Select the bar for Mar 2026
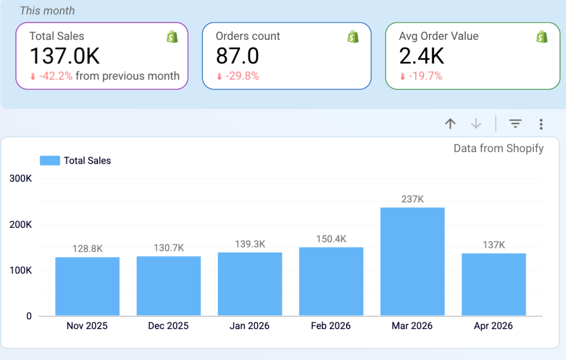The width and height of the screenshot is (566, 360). [412, 262]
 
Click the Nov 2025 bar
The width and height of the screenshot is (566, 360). [87, 286]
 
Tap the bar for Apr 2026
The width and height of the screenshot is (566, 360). [494, 284]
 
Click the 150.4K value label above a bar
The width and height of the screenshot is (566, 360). [331, 239]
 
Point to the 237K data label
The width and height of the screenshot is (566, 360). [412, 199]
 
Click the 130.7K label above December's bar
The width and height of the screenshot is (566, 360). [169, 248]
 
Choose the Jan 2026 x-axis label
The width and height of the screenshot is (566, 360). [250, 326]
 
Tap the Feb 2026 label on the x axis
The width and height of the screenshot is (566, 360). [331, 326]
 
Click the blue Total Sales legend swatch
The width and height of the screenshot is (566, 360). [50, 161]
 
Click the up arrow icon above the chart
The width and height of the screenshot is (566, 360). [450, 124]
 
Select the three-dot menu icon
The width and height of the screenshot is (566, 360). [541, 124]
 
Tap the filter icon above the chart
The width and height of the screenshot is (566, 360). [515, 124]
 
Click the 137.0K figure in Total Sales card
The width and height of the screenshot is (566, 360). [65, 56]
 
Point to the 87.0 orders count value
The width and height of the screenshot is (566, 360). [237, 56]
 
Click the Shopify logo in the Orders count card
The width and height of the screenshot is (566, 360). [353, 37]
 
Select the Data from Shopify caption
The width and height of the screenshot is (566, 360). [499, 148]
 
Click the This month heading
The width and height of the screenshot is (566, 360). [47, 11]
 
